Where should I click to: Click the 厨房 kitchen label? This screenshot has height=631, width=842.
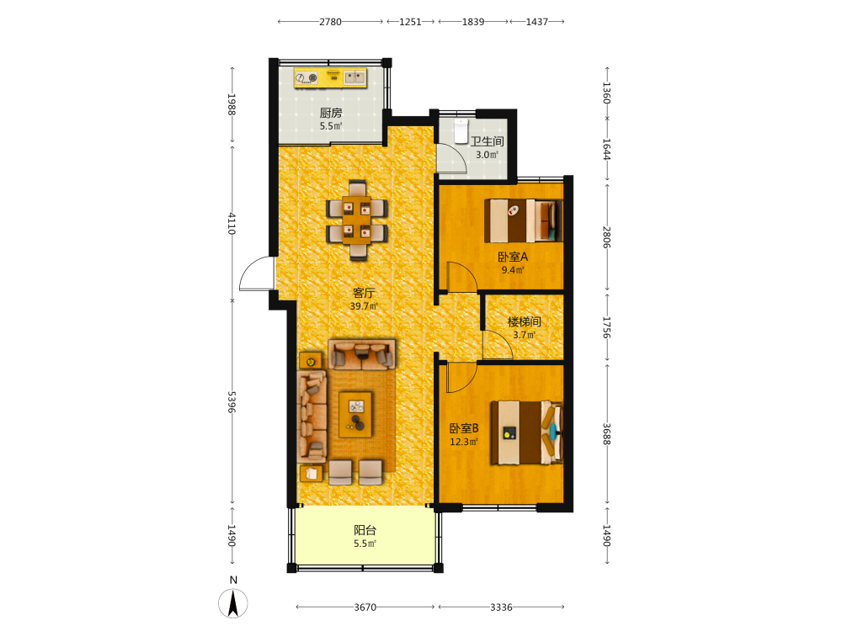tap(331, 113)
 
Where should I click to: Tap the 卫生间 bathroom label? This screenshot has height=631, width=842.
tap(487, 141)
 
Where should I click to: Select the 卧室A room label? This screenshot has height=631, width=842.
tap(513, 257)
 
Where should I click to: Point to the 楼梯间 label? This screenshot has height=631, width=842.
tap(524, 321)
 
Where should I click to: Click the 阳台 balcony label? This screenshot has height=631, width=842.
tap(365, 530)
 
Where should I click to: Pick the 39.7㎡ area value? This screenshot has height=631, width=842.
tap(364, 306)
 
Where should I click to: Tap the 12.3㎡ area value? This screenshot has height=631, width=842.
tap(463, 442)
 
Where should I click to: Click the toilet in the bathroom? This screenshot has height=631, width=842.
tap(461, 131)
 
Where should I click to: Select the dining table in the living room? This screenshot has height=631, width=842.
tap(357, 220)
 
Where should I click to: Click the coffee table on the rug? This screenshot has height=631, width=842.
tap(355, 415)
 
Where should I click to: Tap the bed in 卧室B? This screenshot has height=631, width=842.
tap(526, 432)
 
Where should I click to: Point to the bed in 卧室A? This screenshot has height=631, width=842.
tap(523, 220)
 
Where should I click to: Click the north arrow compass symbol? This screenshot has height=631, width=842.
tap(233, 602)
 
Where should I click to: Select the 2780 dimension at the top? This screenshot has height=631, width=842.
tap(330, 22)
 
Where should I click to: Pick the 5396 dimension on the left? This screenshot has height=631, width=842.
tap(232, 402)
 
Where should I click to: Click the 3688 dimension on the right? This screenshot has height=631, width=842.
tap(606, 434)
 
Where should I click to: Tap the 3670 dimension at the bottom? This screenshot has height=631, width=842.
tap(365, 607)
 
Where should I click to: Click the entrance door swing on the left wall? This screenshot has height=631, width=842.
tap(257, 273)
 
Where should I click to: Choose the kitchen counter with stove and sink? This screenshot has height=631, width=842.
tap(330, 77)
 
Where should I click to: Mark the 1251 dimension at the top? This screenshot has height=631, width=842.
tap(410, 22)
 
